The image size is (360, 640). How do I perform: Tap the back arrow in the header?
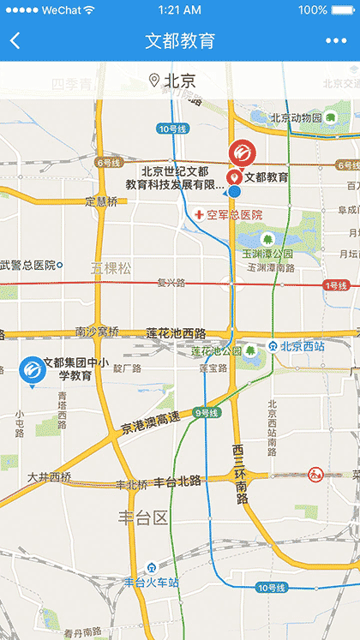pos(15,41)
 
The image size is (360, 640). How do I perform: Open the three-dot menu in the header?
pos(336,41)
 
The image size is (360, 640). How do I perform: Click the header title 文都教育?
pos(180,41)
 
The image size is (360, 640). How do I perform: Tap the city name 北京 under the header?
pos(179,81)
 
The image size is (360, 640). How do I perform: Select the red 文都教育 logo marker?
pos(242,153)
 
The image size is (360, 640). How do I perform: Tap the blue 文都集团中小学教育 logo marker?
pos(32,370)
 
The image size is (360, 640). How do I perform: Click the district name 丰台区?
pos(143,517)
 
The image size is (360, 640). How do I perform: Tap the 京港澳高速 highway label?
pos(151,426)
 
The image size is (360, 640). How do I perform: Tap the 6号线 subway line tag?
pos(110,162)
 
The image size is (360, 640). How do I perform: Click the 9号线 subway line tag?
pos(208,413)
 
